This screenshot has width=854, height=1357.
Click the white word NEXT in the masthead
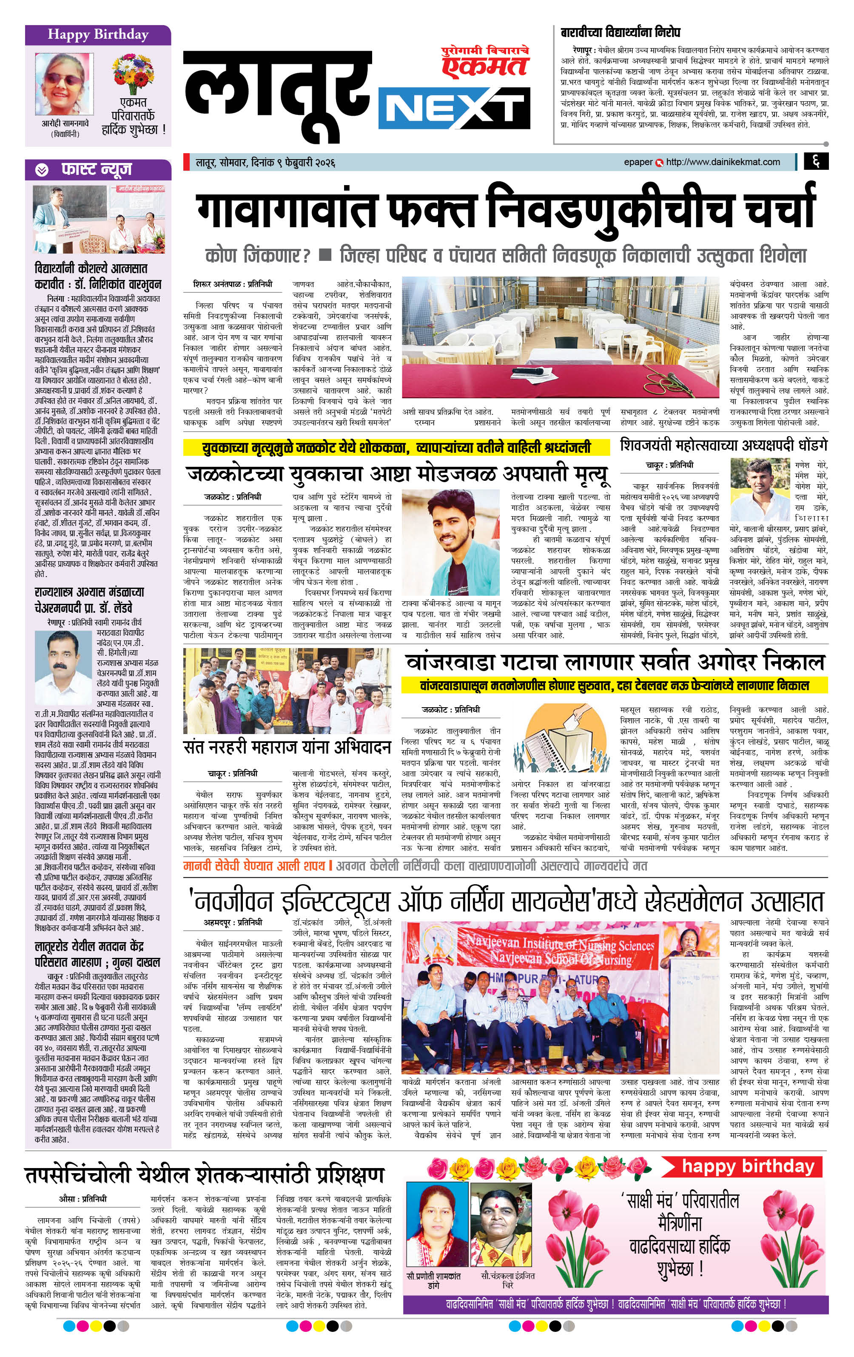[x=454, y=109]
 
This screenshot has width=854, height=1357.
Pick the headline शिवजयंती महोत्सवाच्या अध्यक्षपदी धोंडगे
[x=724, y=445]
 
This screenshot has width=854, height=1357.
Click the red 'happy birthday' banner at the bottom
[x=748, y=1166]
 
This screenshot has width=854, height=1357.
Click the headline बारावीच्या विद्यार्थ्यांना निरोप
[x=620, y=33]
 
